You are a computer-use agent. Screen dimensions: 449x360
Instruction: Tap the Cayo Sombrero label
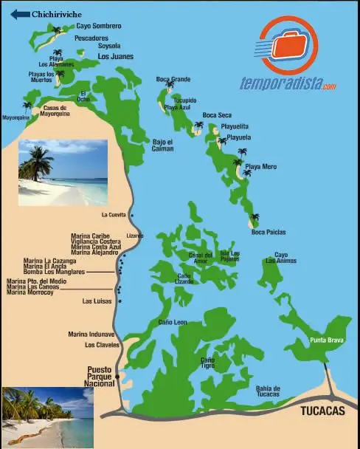click(98, 26)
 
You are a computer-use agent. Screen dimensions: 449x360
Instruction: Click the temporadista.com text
click(288, 84)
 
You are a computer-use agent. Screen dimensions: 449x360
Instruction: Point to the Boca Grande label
click(173, 79)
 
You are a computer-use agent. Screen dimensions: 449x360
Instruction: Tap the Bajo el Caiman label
click(163, 145)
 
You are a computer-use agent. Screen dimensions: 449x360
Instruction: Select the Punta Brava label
click(325, 340)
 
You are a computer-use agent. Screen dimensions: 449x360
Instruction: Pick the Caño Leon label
click(173, 322)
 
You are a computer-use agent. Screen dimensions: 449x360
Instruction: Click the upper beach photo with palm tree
click(63, 172)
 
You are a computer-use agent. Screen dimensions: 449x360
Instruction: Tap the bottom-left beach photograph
click(47, 417)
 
